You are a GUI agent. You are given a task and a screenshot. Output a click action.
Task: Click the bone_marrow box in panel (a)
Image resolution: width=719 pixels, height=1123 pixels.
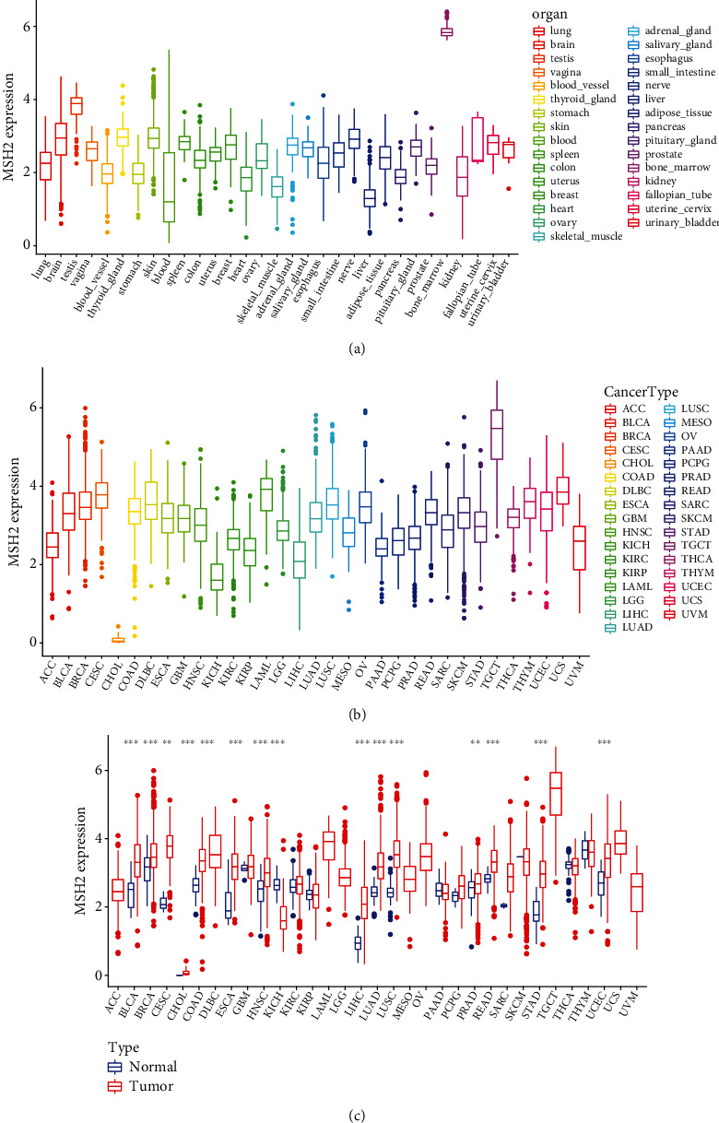pyautogui.click(x=446, y=31)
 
